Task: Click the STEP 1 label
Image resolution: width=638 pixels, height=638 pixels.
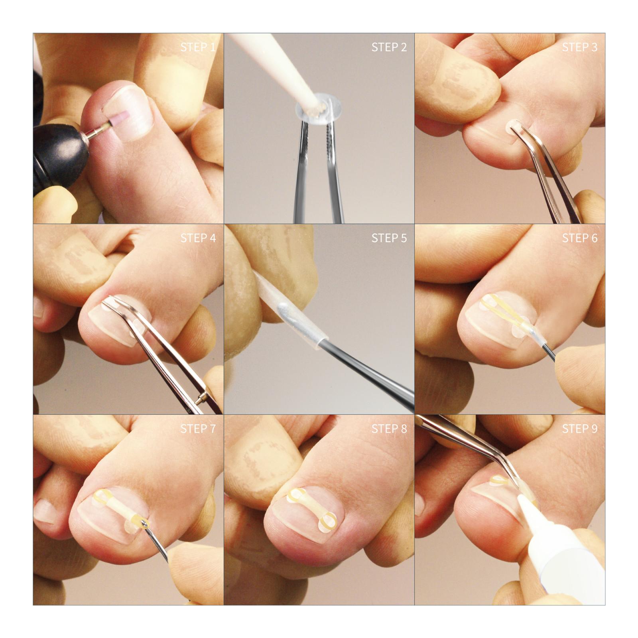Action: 198,47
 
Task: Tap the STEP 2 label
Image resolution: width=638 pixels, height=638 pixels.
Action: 389,47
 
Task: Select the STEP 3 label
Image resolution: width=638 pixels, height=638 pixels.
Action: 580,47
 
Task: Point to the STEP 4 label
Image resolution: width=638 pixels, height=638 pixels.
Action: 198,238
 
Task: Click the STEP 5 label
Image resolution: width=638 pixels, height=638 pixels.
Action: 389,238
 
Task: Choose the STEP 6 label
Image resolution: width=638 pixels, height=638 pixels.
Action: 580,238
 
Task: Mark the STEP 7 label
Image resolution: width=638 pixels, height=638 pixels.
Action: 198,429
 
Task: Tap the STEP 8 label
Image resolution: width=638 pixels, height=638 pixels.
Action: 389,429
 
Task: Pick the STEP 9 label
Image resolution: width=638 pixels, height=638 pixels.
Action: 580,429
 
